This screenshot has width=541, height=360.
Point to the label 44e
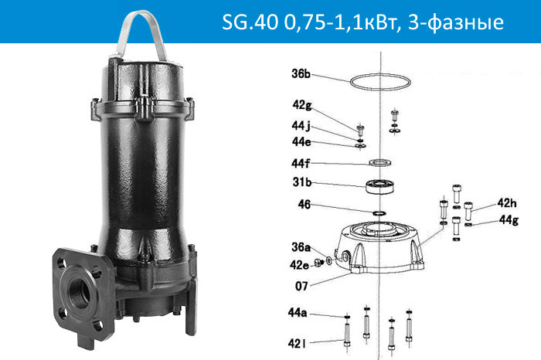coord(303,141)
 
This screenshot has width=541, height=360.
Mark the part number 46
coord(304,205)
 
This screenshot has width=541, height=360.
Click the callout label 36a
coord(301,248)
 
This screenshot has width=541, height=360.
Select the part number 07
coord(301,286)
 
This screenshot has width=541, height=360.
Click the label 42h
coord(506,203)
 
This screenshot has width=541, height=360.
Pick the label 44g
coord(508,221)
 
